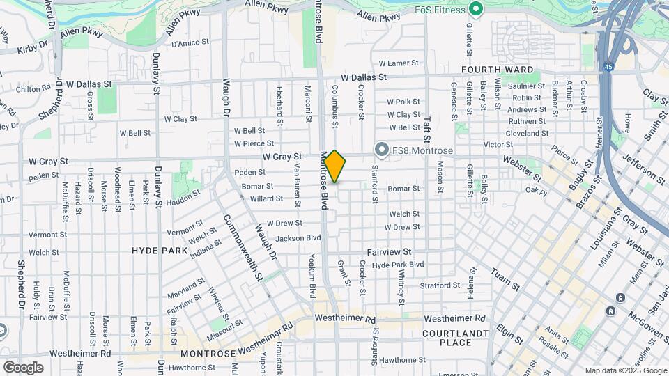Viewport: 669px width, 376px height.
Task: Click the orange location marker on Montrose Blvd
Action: coord(335,166)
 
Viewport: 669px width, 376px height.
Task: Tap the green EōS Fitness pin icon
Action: coord(476,9)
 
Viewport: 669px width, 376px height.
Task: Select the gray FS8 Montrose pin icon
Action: coord(381,150)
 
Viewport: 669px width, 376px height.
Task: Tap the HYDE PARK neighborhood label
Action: coord(160,250)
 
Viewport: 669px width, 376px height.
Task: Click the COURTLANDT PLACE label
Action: coord(456,338)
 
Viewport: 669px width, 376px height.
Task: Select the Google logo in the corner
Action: coord(23,368)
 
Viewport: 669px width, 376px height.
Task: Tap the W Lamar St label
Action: coord(393,63)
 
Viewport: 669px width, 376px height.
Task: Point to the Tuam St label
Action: coord(506,279)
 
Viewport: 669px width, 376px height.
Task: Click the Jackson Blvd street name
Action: coord(298,238)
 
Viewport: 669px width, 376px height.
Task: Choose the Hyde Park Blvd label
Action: coord(398,265)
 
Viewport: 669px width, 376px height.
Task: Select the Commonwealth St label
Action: coord(243,247)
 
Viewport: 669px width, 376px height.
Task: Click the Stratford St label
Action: coord(440,285)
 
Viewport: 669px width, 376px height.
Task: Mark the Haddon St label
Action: coord(183,198)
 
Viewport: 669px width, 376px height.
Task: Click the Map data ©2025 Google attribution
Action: coord(625,370)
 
